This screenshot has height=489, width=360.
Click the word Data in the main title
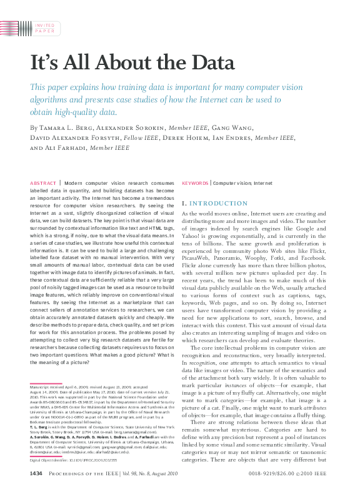point(209,63)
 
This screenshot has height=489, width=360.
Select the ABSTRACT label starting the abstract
point(42,183)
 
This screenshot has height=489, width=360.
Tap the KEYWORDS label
point(194,183)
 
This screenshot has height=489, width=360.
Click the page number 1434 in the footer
point(36,474)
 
